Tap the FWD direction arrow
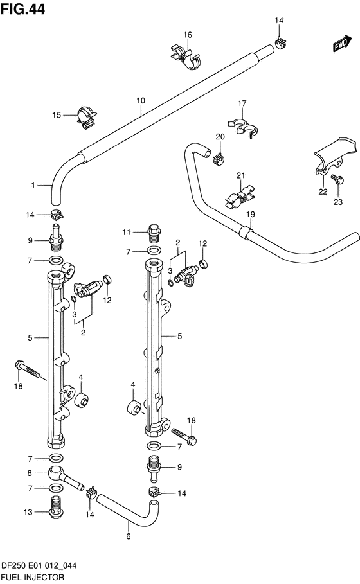click(x=341, y=44)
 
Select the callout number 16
click(x=188, y=35)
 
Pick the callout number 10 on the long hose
click(x=141, y=101)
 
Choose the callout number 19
click(x=250, y=214)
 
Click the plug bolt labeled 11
click(x=154, y=231)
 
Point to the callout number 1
click(x=32, y=186)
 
